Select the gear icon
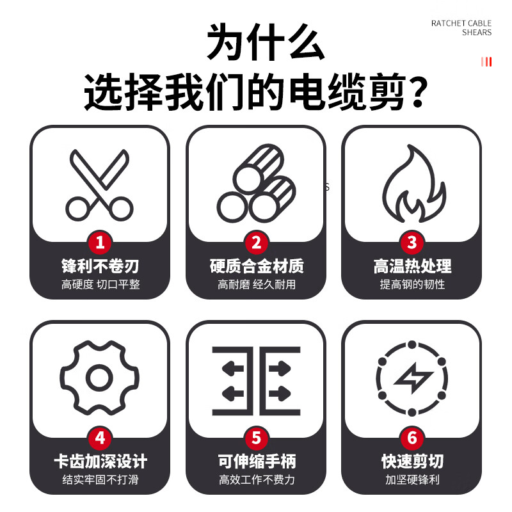click(x=100, y=378)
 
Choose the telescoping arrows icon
click(x=256, y=381)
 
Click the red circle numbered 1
click(x=100, y=243)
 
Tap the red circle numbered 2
click(x=256, y=243)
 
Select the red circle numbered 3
click(x=412, y=243)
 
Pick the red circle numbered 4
click(x=100, y=438)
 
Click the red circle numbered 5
click(x=256, y=438)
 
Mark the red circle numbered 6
click(x=412, y=438)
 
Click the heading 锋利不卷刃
click(x=100, y=266)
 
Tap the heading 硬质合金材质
click(x=256, y=266)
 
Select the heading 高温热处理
click(x=412, y=266)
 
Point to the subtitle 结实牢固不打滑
click(x=100, y=479)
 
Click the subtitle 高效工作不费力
click(x=256, y=479)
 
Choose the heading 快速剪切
click(x=412, y=461)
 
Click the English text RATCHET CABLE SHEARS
click(x=461, y=28)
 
